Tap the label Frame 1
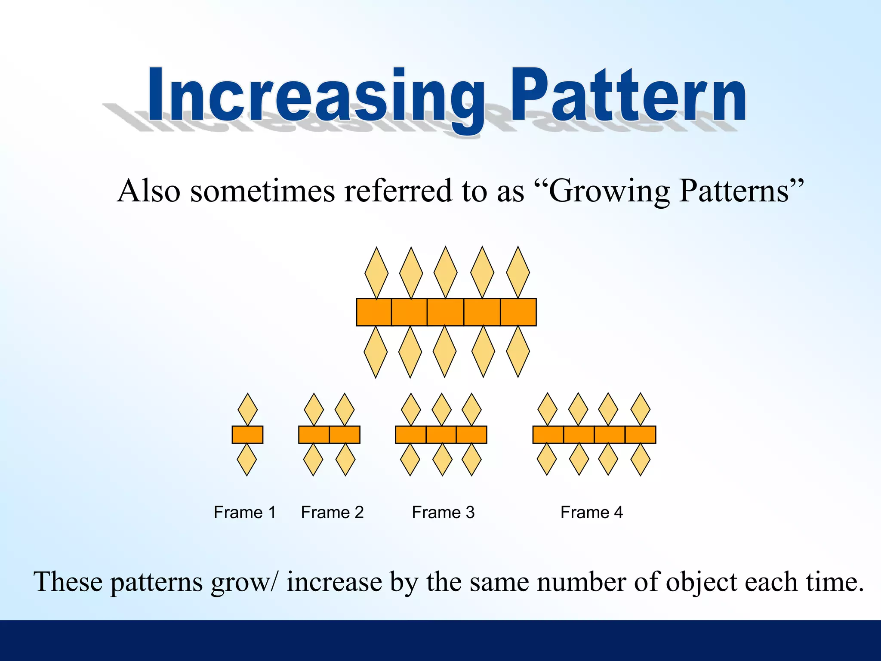click(244, 513)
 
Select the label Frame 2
click(332, 513)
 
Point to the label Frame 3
click(443, 513)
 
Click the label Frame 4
click(591, 513)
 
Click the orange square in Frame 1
click(247, 435)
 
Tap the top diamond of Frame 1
click(247, 409)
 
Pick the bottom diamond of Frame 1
click(247, 460)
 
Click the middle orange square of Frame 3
click(441, 435)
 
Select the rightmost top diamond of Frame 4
click(640, 409)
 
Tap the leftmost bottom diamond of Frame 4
click(547, 460)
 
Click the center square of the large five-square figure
click(446, 312)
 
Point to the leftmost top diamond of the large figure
click(376, 273)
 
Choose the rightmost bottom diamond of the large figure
click(518, 352)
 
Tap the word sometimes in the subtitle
click(262, 191)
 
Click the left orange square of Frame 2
click(314, 435)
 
